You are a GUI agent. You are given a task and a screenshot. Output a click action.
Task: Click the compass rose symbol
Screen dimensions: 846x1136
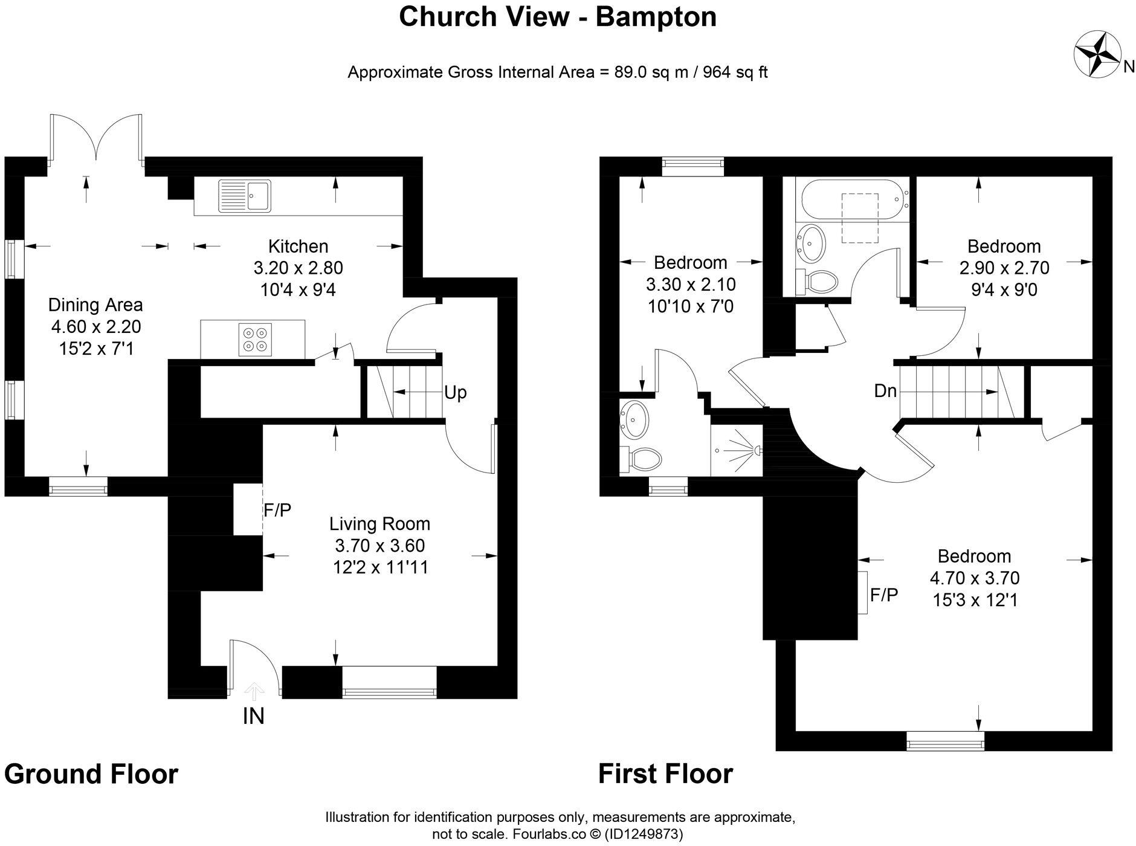1097,54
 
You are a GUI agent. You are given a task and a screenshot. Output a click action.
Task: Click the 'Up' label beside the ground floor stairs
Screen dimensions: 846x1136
455,393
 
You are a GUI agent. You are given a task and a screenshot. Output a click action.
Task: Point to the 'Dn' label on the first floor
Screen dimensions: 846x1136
885,391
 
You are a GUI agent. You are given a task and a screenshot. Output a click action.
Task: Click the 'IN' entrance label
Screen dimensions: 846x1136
253,716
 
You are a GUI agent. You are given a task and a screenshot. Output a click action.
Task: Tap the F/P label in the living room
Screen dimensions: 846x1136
277,511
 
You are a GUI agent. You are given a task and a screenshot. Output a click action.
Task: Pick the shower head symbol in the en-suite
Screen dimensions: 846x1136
755,450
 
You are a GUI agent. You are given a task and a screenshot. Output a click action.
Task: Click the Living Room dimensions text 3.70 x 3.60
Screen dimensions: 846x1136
380,546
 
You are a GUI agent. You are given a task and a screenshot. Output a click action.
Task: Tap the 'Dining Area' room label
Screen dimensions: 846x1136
95,305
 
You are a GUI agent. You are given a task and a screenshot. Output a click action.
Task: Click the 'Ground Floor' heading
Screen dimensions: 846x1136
91,774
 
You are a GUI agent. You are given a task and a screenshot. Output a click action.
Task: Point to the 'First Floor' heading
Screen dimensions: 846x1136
665,774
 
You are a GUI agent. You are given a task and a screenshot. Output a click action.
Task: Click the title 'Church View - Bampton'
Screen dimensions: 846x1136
557,17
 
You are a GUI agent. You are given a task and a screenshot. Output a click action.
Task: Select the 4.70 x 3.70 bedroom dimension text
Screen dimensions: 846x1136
974,578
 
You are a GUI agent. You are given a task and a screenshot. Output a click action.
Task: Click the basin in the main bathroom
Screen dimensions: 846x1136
810,242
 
